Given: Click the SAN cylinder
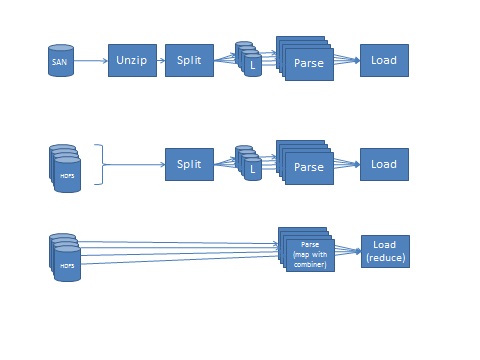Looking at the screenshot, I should (59, 61).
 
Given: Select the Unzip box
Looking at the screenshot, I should (132, 61).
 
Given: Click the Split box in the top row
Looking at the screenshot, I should (189, 61).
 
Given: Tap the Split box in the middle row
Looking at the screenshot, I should (189, 164).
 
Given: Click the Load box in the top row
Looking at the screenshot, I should (384, 61).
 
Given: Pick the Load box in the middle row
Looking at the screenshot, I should (384, 164).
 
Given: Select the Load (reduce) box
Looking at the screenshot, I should (385, 252).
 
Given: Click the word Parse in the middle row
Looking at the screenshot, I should (309, 167).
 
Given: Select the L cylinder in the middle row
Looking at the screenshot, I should (253, 170).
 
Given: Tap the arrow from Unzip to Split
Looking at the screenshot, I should (160, 61).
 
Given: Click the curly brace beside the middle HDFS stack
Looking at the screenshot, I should (99, 164).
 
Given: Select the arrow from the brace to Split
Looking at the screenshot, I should (135, 164).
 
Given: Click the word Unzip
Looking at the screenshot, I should (132, 61).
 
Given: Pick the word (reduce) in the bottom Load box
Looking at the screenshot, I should (385, 259).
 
